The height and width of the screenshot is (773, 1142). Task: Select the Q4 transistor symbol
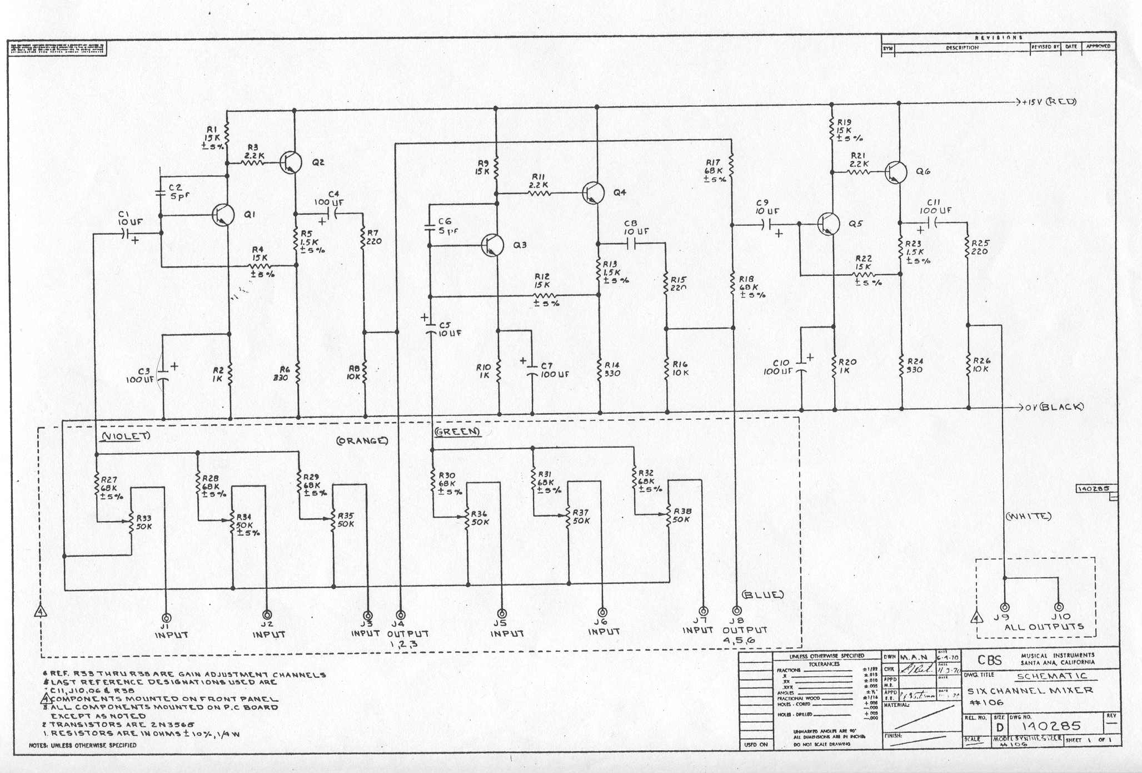(594, 192)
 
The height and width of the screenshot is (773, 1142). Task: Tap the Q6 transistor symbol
(895, 171)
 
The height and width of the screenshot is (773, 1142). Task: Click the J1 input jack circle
(166, 618)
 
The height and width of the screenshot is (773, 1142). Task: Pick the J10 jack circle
(1058, 607)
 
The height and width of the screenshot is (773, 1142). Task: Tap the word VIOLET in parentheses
(125, 436)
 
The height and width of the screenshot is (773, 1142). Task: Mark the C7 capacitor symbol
(532, 370)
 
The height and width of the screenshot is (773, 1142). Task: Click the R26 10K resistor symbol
(969, 365)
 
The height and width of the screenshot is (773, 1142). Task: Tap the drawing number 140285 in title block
(1044, 726)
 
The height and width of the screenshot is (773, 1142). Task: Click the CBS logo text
(990, 660)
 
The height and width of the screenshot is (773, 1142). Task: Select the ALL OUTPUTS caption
(1043, 627)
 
